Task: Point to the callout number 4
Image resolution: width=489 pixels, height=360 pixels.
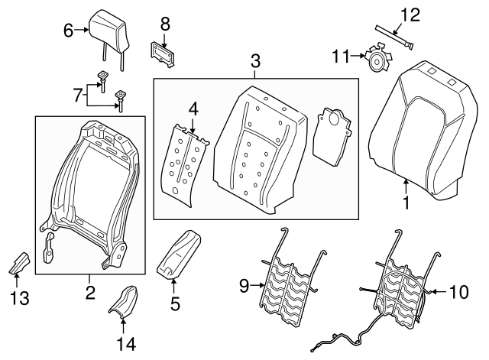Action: tap(193, 109)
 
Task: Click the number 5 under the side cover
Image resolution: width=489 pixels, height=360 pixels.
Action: tap(174, 304)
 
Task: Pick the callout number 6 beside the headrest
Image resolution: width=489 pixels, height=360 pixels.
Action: tap(68, 31)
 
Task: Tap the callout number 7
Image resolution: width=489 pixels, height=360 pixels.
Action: tap(76, 95)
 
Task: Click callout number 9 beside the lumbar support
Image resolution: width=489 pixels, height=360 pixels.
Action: tap(244, 286)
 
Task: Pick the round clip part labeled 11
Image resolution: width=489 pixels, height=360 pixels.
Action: tap(376, 60)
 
